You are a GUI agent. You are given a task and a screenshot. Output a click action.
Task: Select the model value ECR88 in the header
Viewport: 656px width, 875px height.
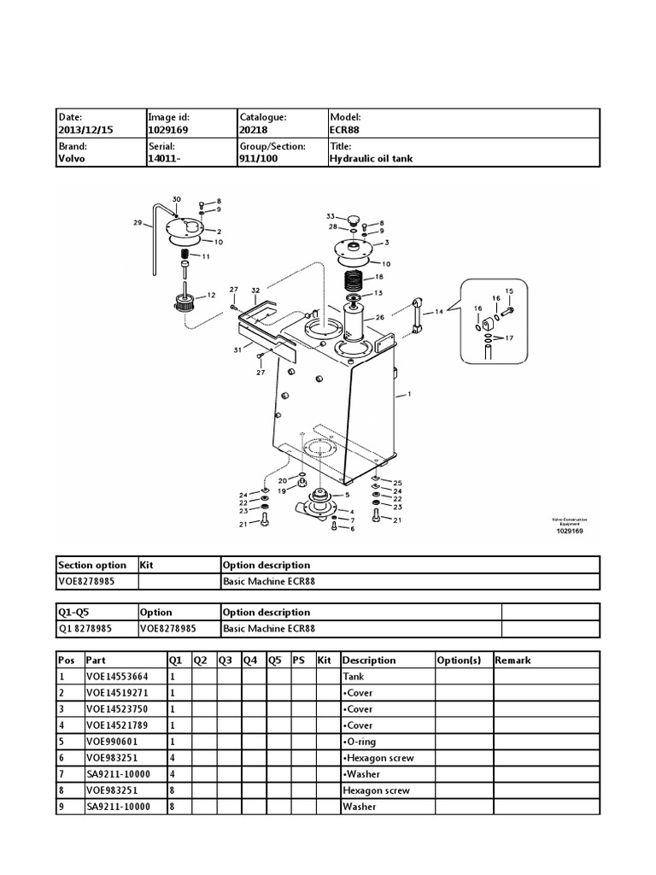pyautogui.click(x=345, y=130)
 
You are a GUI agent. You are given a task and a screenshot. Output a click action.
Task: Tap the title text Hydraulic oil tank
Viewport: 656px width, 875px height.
pyautogui.click(x=371, y=159)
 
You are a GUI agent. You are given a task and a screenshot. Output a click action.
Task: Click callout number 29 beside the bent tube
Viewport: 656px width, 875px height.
pyautogui.click(x=137, y=223)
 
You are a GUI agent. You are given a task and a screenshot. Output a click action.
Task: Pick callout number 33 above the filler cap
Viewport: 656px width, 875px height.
pyautogui.click(x=331, y=216)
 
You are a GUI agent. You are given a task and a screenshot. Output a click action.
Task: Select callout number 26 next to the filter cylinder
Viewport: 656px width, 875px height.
pyautogui.click(x=380, y=317)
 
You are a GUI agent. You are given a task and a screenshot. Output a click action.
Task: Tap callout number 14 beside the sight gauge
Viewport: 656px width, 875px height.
pyautogui.click(x=439, y=313)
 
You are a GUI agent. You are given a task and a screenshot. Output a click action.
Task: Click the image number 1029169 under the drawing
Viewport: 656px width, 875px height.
pyautogui.click(x=570, y=531)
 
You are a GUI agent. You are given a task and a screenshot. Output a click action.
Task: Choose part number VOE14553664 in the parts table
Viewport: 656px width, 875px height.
pyautogui.click(x=112, y=676)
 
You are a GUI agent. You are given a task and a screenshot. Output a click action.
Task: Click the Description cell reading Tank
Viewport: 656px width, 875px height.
pyautogui.click(x=354, y=676)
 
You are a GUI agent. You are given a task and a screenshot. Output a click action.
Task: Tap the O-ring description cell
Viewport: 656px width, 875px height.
pyautogui.click(x=360, y=741)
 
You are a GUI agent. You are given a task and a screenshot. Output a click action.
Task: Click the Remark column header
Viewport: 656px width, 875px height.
pyautogui.click(x=512, y=660)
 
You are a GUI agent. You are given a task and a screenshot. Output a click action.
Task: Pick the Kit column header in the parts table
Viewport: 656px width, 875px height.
pyautogui.click(x=324, y=660)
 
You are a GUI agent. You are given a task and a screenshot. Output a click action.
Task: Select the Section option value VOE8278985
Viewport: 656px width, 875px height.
pyautogui.click(x=85, y=581)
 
